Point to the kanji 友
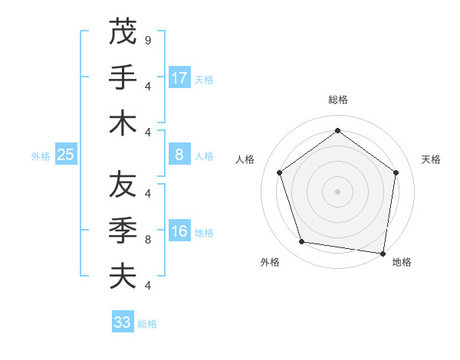coord(123,185)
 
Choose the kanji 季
coord(123,231)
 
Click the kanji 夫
coord(123,277)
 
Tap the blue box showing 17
coord(179,77)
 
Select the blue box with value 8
coord(179,155)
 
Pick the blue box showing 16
coord(179,231)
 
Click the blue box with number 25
coord(66,155)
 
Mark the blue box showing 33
coord(123,322)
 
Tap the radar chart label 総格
coord(338,100)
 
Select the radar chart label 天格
coord(431,159)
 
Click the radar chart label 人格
coord(245,159)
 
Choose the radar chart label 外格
coord(270,262)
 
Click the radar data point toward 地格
coord(383,253)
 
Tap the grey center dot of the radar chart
coord(338,191)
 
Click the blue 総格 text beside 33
coord(147,323)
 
